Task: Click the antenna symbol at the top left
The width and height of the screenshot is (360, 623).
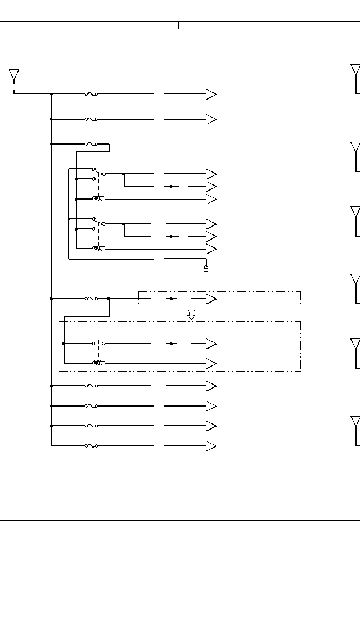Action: point(14,75)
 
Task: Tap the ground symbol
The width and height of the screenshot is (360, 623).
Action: point(206,269)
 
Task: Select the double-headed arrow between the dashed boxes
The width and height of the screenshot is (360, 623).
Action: point(191,314)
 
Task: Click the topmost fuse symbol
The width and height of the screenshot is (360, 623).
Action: point(91,94)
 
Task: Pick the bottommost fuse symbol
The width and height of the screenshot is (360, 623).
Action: point(91,446)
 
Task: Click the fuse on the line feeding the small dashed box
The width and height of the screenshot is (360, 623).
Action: point(91,299)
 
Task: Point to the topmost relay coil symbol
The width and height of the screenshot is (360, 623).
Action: point(99,198)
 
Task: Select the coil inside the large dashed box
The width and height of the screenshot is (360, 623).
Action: point(99,363)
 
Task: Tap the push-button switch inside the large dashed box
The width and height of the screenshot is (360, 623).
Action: point(99,342)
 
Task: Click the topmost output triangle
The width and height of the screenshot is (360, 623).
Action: point(211,94)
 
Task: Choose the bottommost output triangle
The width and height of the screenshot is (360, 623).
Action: point(211,446)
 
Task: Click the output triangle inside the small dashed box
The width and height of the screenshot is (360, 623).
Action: point(211,299)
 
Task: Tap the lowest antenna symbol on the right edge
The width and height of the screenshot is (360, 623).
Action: point(355,423)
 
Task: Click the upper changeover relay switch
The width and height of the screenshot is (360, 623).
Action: point(98,174)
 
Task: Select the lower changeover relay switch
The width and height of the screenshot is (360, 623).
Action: point(98,223)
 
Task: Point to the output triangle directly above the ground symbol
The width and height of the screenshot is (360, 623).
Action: point(211,249)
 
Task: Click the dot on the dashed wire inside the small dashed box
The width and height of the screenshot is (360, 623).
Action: point(172,299)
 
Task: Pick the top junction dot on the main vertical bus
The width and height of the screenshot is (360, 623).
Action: point(52,94)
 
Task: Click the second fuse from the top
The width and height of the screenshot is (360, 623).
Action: point(91,119)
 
